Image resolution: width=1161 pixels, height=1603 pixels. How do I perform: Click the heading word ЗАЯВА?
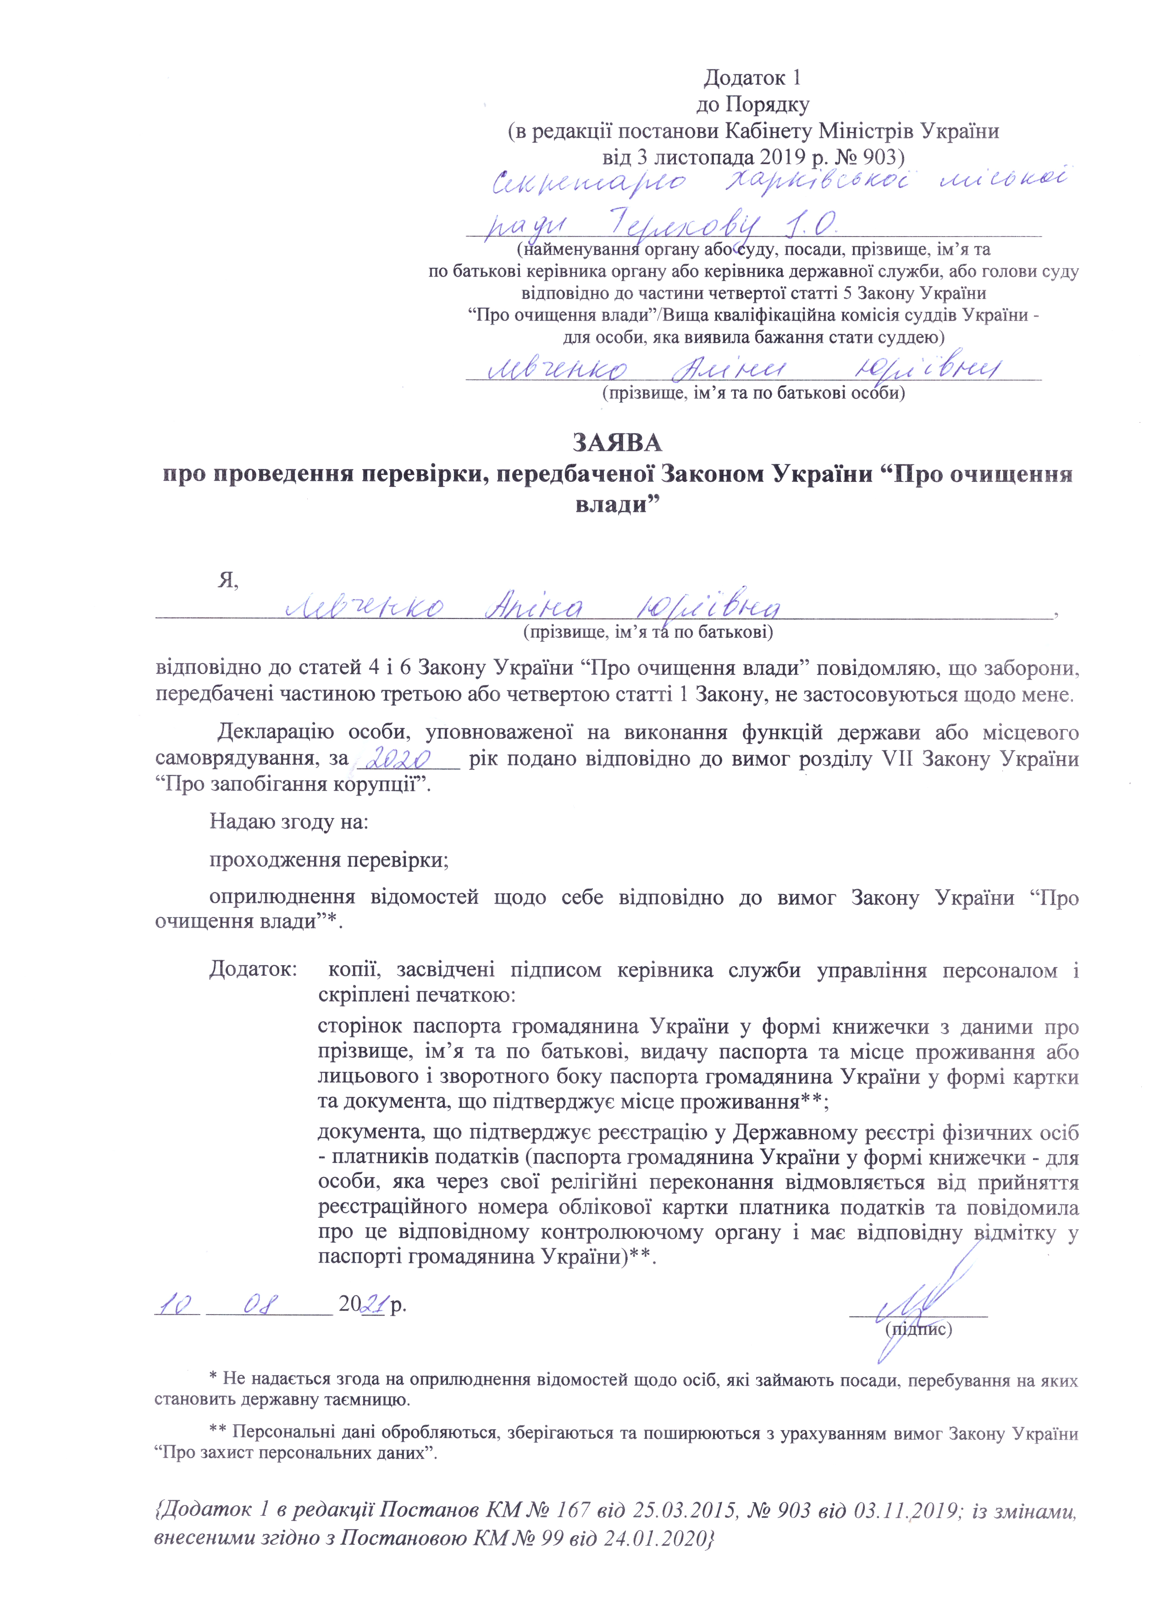[x=616, y=443]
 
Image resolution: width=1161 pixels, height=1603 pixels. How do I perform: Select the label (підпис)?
[x=918, y=1329]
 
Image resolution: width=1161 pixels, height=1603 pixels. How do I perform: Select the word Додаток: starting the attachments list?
[x=252, y=970]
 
